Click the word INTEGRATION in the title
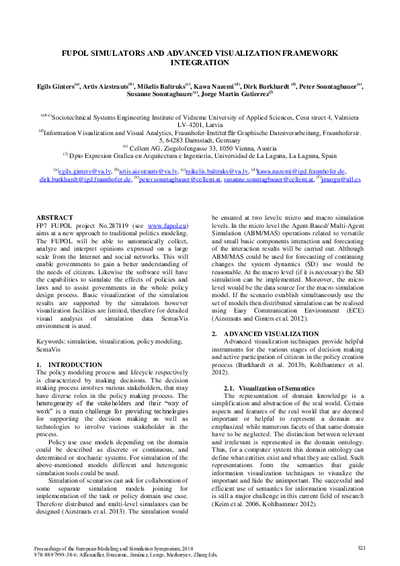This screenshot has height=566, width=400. pyautogui.click(x=200, y=63)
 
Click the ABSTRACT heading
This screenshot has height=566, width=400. pyautogui.click(x=54, y=218)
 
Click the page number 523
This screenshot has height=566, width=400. pyautogui.click(x=361, y=549)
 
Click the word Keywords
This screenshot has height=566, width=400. pyautogui.click(x=51, y=342)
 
